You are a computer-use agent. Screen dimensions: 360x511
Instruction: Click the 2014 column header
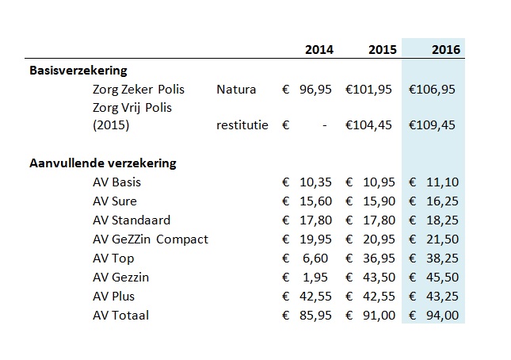(x=319, y=50)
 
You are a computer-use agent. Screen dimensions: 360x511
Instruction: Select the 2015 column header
(x=383, y=50)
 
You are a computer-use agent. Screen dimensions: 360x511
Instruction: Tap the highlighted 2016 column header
(x=446, y=50)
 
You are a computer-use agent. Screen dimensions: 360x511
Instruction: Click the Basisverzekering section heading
(x=78, y=71)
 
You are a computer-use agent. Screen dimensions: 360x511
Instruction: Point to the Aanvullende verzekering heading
(x=103, y=163)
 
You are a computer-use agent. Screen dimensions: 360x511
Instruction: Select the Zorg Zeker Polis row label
(x=138, y=90)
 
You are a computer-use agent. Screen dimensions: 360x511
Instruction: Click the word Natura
(x=236, y=90)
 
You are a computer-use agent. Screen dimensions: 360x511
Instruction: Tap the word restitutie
(x=242, y=124)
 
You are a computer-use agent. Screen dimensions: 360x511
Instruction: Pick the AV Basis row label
(x=116, y=182)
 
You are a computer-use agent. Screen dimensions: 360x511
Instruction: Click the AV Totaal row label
(x=120, y=316)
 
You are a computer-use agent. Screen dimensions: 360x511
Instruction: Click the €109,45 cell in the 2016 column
(x=433, y=124)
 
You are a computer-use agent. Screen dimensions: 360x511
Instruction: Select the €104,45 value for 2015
(x=368, y=124)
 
